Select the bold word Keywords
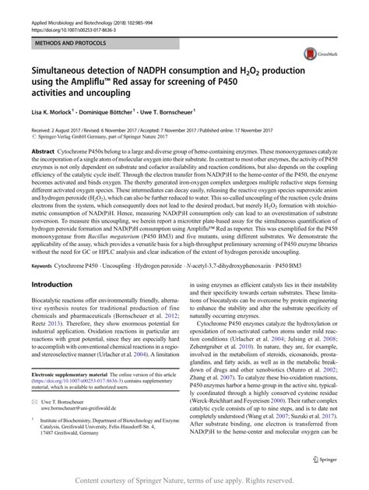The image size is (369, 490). click(x=44, y=245)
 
